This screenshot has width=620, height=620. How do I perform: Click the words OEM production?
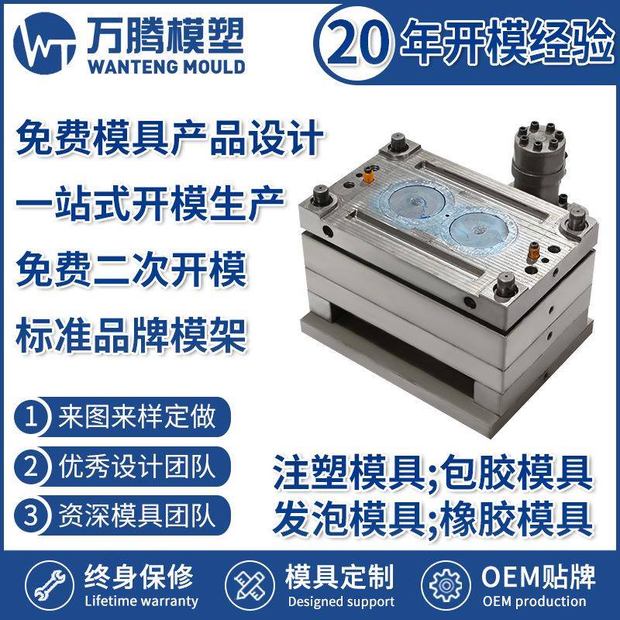pos(534,601)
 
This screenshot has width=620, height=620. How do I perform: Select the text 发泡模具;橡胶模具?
pos(432,514)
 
